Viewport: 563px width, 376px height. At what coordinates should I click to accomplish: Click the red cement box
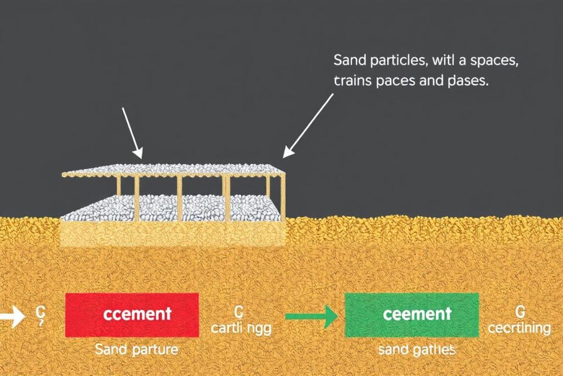pos(131,314)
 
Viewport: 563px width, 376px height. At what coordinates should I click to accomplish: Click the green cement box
pos(412,314)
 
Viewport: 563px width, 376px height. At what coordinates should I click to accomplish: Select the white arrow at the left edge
pos(12,317)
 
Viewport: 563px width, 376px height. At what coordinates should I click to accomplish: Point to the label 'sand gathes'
pos(417,350)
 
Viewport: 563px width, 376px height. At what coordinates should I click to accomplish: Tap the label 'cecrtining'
pos(520,328)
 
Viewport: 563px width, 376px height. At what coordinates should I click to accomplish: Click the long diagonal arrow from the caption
pos(309,124)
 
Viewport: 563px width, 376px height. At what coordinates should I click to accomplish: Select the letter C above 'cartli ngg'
pos(238,312)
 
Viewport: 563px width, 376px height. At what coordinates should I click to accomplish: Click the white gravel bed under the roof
pos(170,209)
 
